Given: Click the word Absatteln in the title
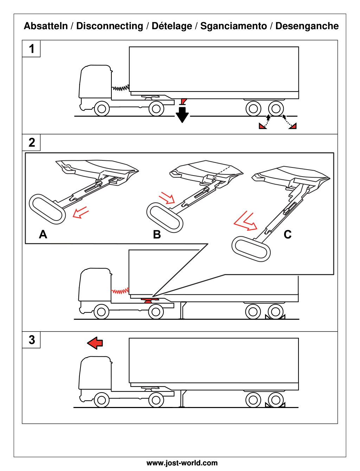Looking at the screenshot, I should click(x=46, y=26).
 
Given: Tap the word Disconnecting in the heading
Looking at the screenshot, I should click(x=109, y=26).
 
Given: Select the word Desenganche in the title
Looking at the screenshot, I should click(x=307, y=26).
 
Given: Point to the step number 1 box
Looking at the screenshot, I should click(x=31, y=49).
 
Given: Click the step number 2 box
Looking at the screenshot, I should click(x=31, y=142).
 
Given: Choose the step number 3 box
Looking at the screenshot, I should click(x=31, y=340).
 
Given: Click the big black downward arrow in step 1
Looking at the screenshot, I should click(x=182, y=114).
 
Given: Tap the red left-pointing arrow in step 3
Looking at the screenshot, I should click(x=95, y=343).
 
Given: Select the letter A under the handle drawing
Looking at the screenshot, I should click(x=43, y=234).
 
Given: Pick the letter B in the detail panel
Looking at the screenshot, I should click(x=157, y=234).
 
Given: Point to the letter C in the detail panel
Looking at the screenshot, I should click(x=288, y=234).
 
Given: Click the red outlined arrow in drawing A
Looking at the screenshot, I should click(x=81, y=213).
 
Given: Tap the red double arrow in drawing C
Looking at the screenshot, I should click(x=245, y=222).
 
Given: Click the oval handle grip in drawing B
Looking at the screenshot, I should click(x=165, y=217).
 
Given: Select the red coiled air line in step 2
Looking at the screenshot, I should click(x=120, y=291).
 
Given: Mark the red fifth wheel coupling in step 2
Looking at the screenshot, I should click(x=148, y=300).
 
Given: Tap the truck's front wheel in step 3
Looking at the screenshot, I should click(x=101, y=400).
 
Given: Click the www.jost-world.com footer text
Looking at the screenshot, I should click(x=182, y=463).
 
